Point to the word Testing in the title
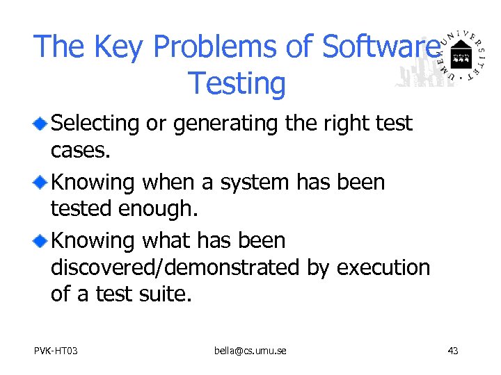point(237,83)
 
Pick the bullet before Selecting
point(42,124)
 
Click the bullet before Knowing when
point(42,183)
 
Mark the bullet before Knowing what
point(42,241)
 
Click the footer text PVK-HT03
point(56,351)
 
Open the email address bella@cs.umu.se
point(250,351)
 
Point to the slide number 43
point(452,351)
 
